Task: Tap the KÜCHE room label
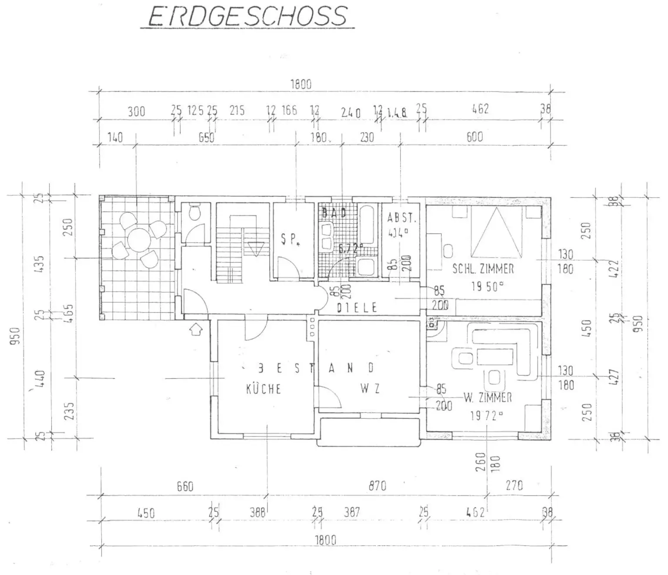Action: point(264,389)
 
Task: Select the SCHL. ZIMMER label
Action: point(483,269)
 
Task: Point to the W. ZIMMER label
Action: point(488,397)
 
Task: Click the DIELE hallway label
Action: point(357,308)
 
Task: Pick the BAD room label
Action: point(334,213)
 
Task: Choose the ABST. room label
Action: point(401,219)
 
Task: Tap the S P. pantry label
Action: point(290,239)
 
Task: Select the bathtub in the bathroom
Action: point(368,224)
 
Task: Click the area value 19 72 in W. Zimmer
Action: point(486,416)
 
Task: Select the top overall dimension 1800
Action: point(301,84)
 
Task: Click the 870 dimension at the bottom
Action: point(377,485)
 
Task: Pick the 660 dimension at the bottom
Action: point(185,486)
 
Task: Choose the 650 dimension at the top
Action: point(206,138)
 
